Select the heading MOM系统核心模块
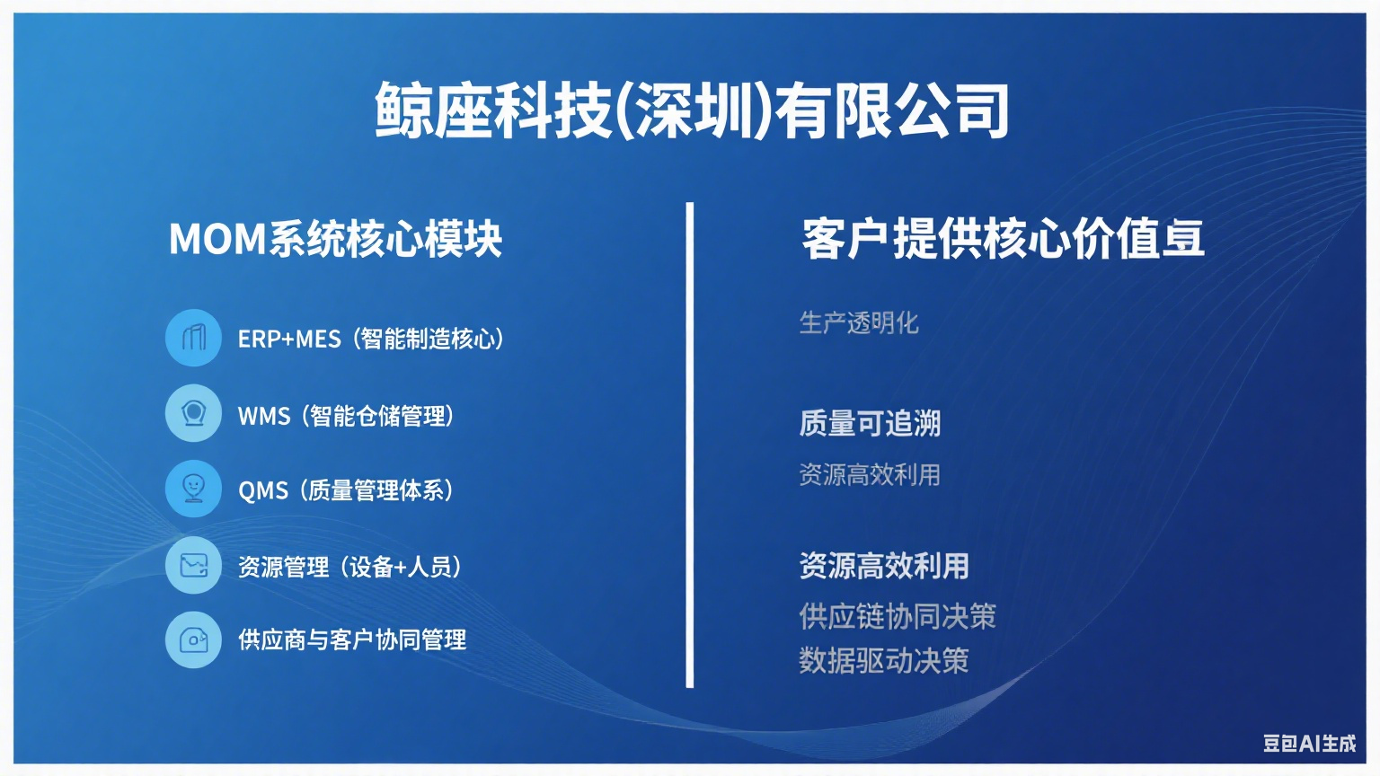[x=336, y=239]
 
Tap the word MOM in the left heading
[x=217, y=239]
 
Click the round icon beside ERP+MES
[x=193, y=338]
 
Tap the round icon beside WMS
[x=193, y=412]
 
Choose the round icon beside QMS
[x=193, y=489]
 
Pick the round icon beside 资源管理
[x=193, y=565]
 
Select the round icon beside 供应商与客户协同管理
[x=193, y=639]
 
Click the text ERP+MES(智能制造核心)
[x=371, y=339]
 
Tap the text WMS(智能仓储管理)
[x=346, y=416]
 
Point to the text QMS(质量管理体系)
[x=346, y=491]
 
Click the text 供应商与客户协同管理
[x=352, y=640]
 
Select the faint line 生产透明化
[x=859, y=322]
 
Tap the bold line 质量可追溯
[x=870, y=424]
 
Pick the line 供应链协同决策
[x=898, y=616]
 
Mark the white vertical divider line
[x=689, y=445]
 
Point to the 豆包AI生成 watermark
[x=1310, y=744]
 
